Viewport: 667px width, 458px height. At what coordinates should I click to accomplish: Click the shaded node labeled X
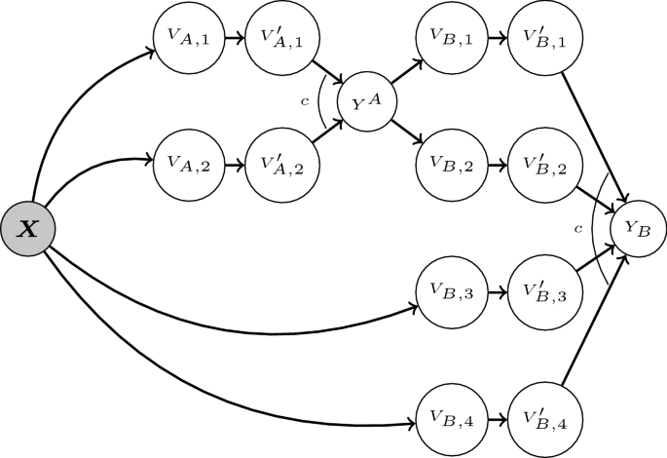click(x=26, y=232)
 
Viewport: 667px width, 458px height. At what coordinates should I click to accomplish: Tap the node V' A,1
click(x=278, y=40)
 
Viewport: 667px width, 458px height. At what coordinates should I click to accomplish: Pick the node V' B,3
click(x=539, y=290)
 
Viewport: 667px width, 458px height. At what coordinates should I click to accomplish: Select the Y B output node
click(x=638, y=229)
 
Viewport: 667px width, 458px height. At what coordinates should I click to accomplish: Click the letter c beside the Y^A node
click(x=306, y=99)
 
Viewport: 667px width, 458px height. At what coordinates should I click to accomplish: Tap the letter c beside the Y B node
click(x=578, y=228)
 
